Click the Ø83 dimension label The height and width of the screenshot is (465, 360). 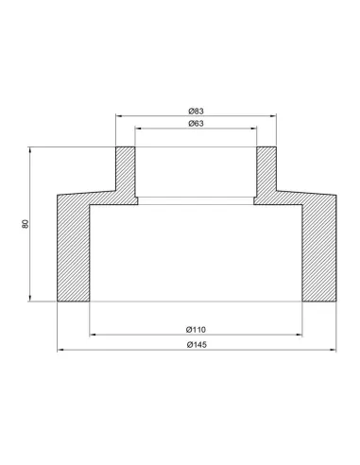pos(197,112)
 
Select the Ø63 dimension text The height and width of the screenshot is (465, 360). pos(197,124)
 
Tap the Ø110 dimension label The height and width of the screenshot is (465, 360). pos(196,330)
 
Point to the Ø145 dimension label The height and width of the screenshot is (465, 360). pos(197,345)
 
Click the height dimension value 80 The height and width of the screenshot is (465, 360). pos(26,224)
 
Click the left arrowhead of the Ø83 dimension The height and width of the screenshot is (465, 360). pos(119,116)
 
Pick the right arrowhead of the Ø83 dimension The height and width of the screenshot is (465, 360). pos(273,116)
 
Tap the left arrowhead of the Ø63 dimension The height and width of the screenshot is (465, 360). pos(138,129)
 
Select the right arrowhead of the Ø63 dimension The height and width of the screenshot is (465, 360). pos(254,129)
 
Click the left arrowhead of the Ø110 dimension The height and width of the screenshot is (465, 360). pos(93,335)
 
